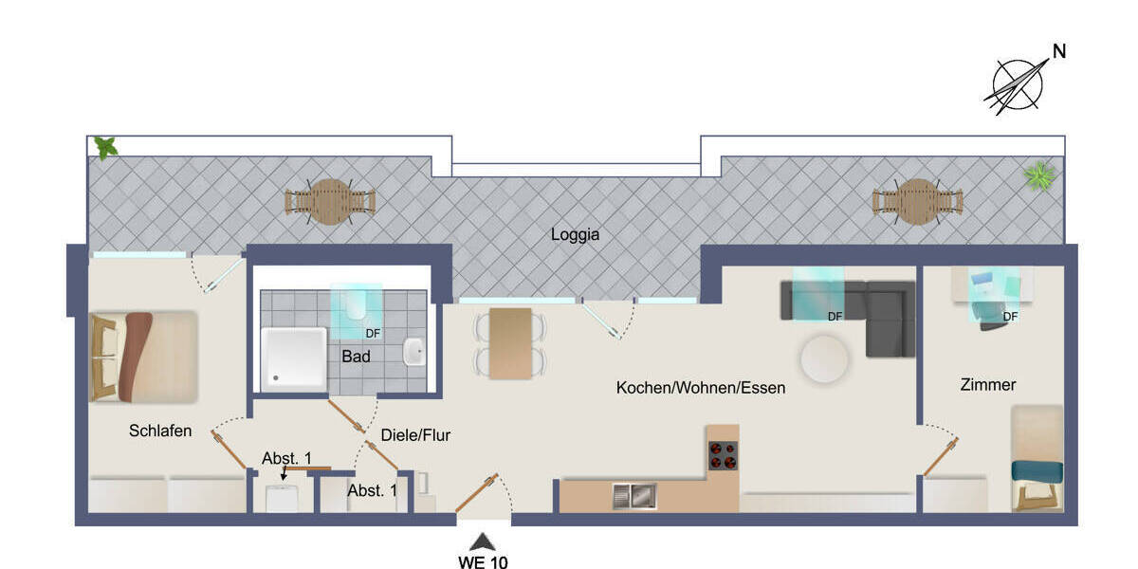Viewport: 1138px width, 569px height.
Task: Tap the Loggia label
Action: [576, 235]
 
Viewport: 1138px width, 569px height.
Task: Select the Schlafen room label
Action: [160, 431]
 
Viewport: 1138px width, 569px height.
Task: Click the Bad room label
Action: [356, 357]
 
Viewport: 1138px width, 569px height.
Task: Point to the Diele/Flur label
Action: [415, 436]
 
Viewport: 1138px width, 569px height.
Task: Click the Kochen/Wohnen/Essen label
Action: [701, 388]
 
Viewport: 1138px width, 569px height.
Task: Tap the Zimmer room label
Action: [987, 385]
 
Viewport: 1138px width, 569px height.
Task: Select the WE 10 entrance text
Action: [483, 562]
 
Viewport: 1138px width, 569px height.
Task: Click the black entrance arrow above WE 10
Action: [483, 542]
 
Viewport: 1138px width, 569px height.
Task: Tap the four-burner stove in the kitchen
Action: [723, 456]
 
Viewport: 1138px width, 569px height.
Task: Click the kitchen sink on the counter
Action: [633, 495]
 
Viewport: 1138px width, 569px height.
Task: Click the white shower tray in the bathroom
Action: [294, 358]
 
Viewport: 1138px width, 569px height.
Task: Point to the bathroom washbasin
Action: [414, 352]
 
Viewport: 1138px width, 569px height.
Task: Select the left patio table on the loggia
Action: [330, 202]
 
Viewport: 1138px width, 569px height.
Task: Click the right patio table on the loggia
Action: [917, 202]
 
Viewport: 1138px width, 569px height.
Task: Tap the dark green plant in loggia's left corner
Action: [105, 147]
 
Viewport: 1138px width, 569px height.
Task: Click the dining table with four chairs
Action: [510, 343]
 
